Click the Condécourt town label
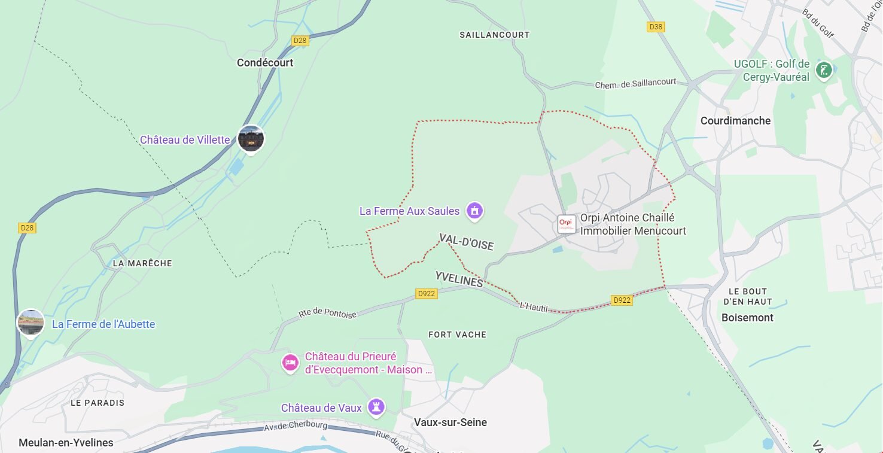tap(265, 63)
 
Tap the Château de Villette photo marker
tap(251, 139)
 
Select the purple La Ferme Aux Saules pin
tap(474, 211)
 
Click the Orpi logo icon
tap(566, 224)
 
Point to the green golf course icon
tap(825, 70)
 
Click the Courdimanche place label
tap(735, 121)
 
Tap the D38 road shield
tap(656, 27)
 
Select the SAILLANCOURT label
tap(494, 35)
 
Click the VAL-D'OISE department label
tap(466, 242)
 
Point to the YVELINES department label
tap(459, 279)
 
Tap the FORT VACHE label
tap(457, 335)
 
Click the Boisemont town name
tap(747, 318)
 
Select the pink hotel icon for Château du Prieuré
tap(290, 363)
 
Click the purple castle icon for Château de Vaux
tap(376, 407)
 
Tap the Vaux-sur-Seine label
tap(450, 422)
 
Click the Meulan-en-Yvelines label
tap(66, 443)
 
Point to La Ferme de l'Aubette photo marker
tap(31, 323)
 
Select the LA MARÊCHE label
tap(142, 263)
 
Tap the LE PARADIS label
tap(98, 403)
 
